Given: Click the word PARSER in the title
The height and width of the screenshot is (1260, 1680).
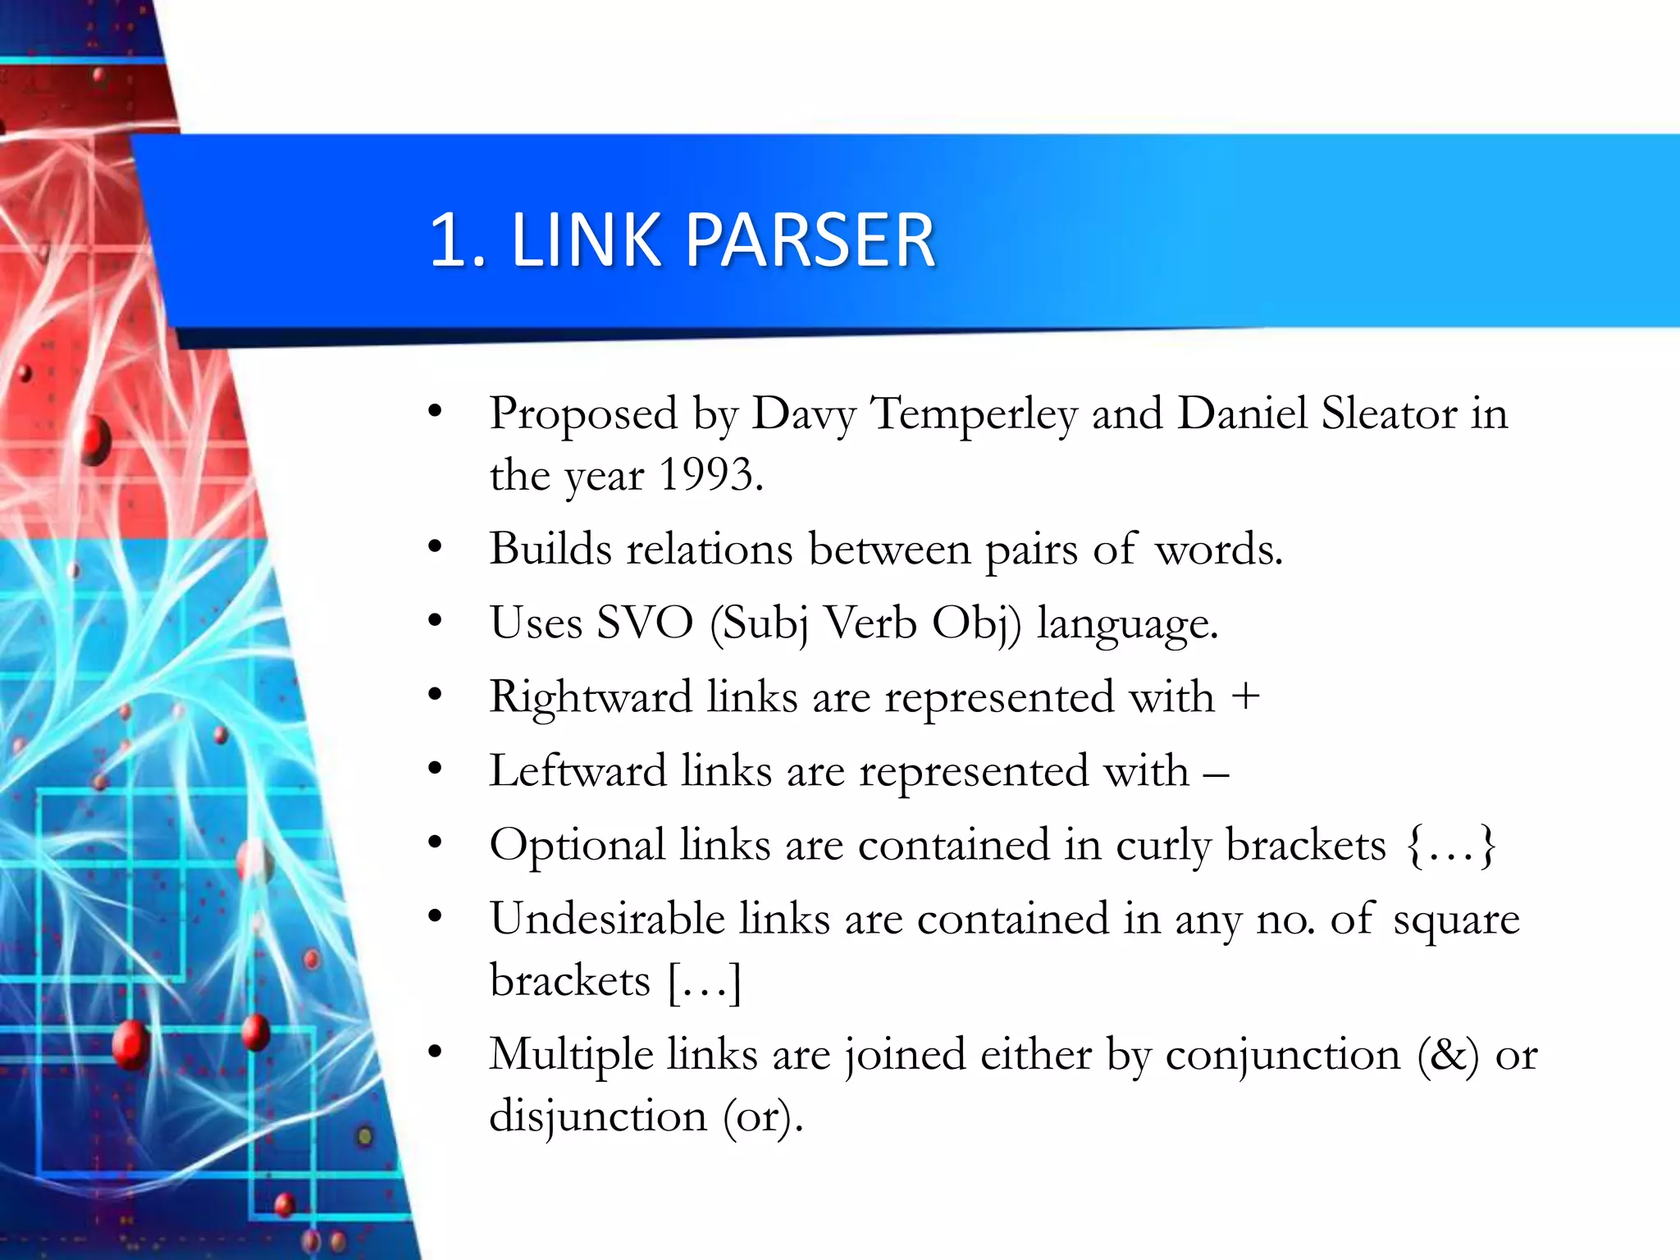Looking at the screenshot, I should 810,240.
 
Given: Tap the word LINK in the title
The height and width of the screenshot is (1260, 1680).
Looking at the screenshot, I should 586,240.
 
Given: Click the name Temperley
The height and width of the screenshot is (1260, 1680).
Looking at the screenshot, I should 973,413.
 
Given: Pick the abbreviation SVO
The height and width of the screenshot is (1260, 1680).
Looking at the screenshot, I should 645,623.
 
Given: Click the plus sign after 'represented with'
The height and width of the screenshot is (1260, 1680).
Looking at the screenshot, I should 1245,696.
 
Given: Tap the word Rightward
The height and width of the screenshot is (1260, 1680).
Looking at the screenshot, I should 591,697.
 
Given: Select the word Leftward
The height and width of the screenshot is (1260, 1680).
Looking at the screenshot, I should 577,771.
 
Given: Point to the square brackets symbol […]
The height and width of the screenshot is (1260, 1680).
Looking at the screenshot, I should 705,981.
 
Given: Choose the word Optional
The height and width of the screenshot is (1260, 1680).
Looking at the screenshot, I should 577,845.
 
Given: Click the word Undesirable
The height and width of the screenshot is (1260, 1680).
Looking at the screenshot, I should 607,919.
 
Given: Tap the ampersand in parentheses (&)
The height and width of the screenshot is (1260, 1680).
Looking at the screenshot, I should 1448,1055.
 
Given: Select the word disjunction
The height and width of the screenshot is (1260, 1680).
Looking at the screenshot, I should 598,1116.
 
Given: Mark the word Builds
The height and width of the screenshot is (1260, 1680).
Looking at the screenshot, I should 550,549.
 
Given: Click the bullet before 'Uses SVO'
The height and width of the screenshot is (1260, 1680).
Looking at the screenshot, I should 435,622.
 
